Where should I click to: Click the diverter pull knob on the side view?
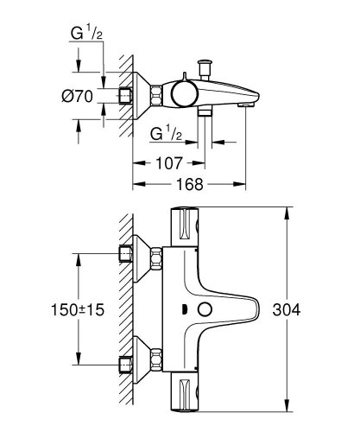coord(206,67)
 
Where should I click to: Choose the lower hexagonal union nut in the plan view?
coord(156,359)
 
